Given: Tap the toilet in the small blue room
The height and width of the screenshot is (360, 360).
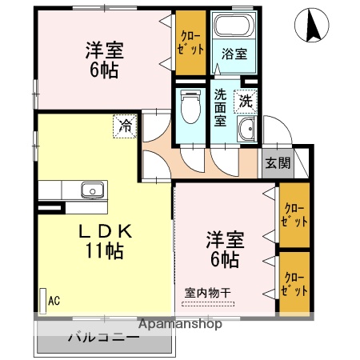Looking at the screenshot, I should pos(190,108).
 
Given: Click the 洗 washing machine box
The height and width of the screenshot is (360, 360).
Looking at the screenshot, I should pos(246,102).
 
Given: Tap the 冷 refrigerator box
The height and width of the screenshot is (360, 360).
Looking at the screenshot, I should pos(125,125).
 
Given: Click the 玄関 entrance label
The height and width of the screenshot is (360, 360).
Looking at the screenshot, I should pos(278,162).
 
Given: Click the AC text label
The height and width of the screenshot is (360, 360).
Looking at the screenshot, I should pos(54,301).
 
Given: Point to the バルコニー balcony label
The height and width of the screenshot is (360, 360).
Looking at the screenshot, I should pos(105,336).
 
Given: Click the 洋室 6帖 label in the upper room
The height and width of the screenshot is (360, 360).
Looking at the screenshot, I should pos(102,58).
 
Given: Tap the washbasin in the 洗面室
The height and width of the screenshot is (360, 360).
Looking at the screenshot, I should pos(246,130).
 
